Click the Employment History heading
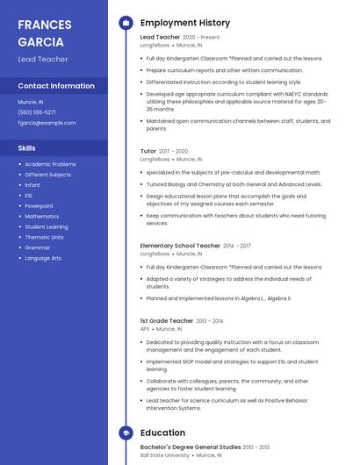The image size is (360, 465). pos(185,23)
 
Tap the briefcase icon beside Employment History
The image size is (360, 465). pos(126,23)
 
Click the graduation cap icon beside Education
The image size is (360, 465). pos(126,433)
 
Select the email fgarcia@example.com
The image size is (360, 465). pos(47,123)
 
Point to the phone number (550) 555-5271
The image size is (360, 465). pos(37,112)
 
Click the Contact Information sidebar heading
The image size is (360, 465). pos(56,86)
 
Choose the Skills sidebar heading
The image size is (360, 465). pos(27,148)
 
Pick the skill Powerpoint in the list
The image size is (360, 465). pos(39,205)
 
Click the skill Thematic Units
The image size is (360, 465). pos(44,237)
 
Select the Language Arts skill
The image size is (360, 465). pos(43,258)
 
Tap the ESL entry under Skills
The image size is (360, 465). pos(29,195)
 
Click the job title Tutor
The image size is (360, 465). pos(148,151)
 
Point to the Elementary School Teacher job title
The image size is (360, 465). pos(180,246)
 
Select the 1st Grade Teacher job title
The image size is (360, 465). pos(166,321)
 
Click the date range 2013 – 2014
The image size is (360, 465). pos(210,321)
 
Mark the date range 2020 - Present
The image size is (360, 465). pos(201,38)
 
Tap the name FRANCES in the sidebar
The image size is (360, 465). pos(45,25)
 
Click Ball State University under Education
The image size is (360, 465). pos(165,455)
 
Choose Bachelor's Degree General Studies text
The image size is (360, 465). pos(191,447)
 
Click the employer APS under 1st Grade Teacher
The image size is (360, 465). pos(145,329)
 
